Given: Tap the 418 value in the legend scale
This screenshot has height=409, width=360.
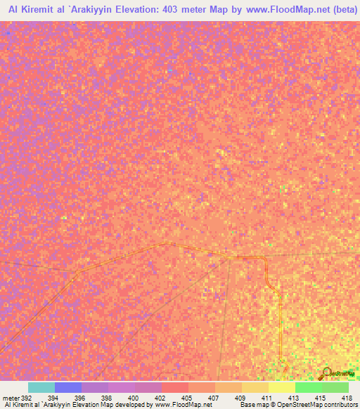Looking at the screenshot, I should (347, 398).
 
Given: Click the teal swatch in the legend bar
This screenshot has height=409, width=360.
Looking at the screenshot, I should (41, 387).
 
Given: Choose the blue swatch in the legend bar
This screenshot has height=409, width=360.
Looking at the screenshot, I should (68, 387).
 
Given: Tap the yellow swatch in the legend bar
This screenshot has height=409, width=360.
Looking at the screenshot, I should (282, 387).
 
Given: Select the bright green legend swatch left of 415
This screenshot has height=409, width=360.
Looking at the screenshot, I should (309, 387).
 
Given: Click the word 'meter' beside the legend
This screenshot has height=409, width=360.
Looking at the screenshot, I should (11, 398).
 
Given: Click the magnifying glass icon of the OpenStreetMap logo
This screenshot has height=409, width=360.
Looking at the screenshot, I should (327, 372).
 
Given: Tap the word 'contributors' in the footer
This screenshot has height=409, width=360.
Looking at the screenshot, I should (337, 405).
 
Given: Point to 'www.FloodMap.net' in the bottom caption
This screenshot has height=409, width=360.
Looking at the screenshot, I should (184, 405).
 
